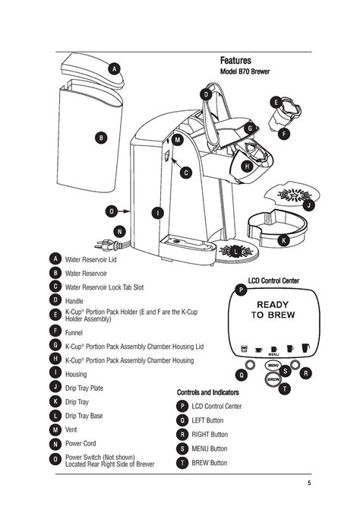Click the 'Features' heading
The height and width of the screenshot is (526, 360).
point(235,60)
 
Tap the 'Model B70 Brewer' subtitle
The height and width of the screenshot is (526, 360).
point(245,72)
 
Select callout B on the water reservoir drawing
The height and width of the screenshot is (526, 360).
point(100,138)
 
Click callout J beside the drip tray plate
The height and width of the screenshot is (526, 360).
point(308,205)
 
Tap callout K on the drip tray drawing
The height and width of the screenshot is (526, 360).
point(283,240)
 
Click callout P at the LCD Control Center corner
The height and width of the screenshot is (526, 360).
point(241,290)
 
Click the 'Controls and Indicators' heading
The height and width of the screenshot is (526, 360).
point(208,392)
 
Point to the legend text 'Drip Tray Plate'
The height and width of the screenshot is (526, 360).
point(84,388)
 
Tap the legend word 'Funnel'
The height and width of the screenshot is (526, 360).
point(74,331)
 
